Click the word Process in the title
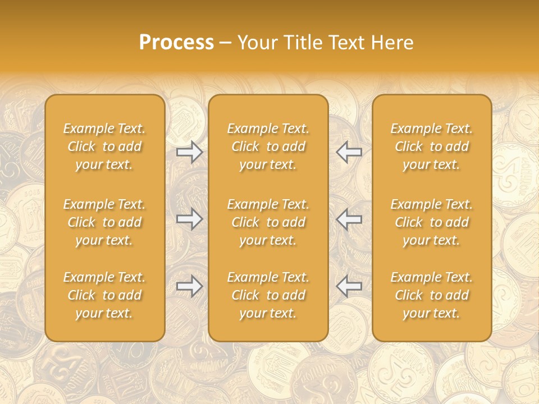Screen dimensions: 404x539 point(176,43)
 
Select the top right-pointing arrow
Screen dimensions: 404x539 point(189,152)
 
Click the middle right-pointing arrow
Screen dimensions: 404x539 point(189,219)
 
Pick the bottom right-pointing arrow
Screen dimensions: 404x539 point(189,286)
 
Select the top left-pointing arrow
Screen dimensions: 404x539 point(349,152)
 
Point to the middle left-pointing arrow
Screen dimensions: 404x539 point(349,219)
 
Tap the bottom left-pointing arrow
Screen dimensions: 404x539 point(349,286)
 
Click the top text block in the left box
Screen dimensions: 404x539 point(104,146)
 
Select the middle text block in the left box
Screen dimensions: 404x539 point(104,222)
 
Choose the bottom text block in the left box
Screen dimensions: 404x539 point(104,295)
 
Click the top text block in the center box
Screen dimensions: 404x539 point(268,146)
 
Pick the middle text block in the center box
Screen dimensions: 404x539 point(268,222)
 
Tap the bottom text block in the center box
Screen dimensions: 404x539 point(268,295)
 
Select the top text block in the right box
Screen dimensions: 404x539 point(432,146)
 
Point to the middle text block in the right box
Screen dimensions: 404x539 point(432,222)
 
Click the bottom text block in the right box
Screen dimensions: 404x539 point(432,295)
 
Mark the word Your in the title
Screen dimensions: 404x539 point(257,43)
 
